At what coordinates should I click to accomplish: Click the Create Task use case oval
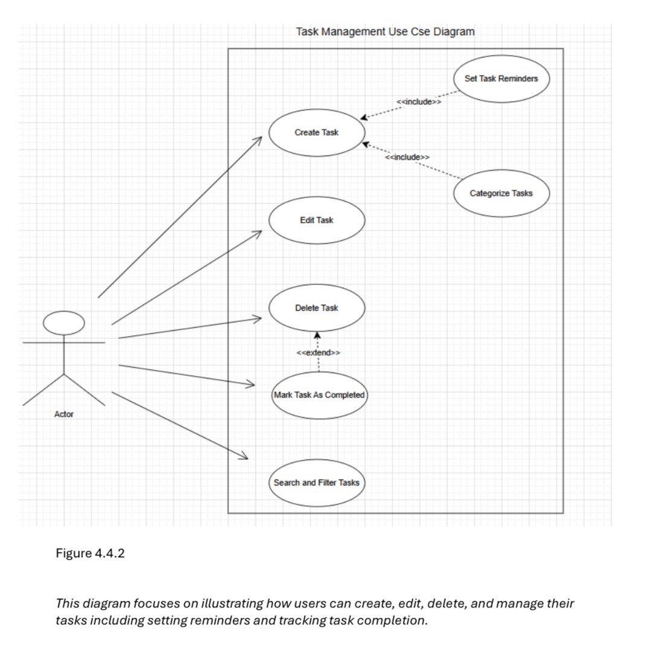tap(317, 132)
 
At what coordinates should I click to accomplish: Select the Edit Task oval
tap(317, 220)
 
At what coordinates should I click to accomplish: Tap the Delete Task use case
tap(317, 308)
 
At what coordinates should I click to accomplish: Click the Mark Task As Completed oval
tap(319, 395)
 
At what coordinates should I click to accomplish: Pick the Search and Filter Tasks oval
tap(317, 482)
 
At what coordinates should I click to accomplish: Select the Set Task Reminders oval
tap(501, 79)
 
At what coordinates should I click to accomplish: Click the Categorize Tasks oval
tap(501, 193)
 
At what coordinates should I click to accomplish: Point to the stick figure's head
tap(64, 323)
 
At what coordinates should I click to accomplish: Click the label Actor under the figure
tap(64, 414)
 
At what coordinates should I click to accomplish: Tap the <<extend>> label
tap(318, 352)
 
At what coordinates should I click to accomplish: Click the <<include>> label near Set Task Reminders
tap(419, 102)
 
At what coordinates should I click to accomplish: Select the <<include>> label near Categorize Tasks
tap(407, 157)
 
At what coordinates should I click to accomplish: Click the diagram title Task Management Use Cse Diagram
tap(385, 31)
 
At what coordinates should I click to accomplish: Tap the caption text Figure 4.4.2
tap(90, 553)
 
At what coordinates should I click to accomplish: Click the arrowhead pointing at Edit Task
tap(258, 233)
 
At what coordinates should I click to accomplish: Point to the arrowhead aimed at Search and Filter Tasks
tap(243, 456)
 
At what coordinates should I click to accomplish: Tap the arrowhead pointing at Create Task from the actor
tap(258, 140)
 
